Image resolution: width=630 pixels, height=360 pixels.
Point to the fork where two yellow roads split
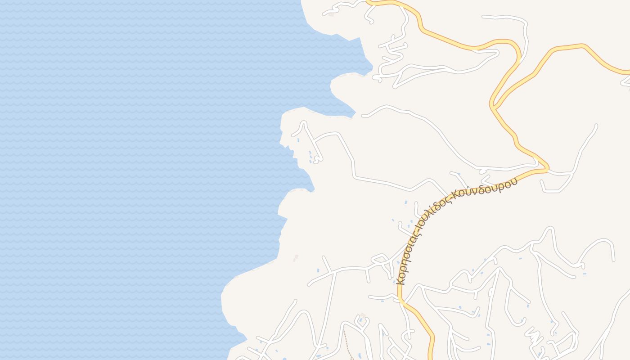[x=493, y=107]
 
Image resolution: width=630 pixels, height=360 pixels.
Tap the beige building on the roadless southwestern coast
[x=296, y=258]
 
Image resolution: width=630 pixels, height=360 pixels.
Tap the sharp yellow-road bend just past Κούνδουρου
[x=546, y=169]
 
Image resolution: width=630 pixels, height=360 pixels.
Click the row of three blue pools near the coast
[x=310, y=157]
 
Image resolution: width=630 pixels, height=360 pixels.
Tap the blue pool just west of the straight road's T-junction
[x=318, y=270]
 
